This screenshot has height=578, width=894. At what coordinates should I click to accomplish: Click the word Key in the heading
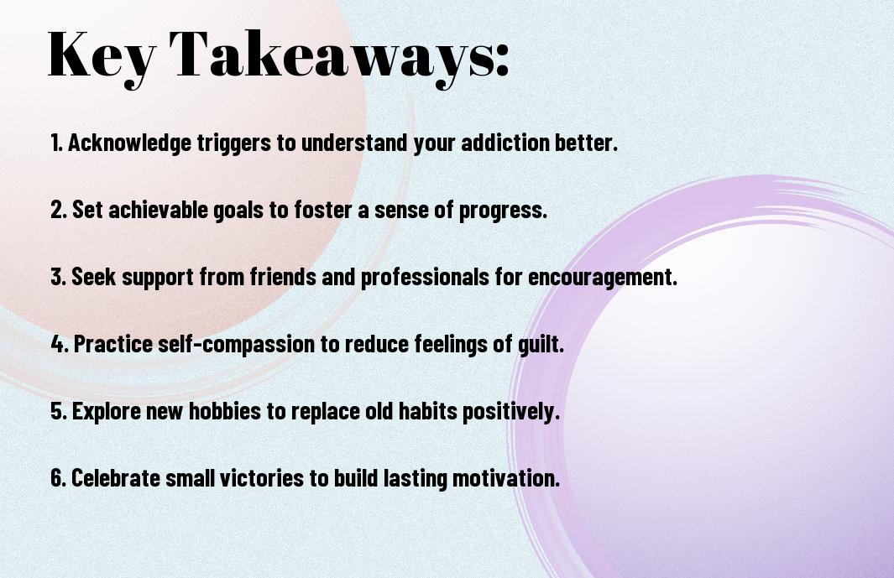(x=102, y=56)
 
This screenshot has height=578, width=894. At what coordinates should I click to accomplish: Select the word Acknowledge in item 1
(x=129, y=143)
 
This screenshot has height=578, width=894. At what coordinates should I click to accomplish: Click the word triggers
(x=233, y=143)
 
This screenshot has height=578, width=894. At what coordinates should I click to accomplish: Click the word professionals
(x=425, y=278)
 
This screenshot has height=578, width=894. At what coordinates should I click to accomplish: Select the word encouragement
(x=602, y=278)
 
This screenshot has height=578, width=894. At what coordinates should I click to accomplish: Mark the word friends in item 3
(x=283, y=277)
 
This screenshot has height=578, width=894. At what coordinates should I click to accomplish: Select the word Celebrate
(x=116, y=477)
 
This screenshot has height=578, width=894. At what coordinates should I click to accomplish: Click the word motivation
(x=505, y=477)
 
